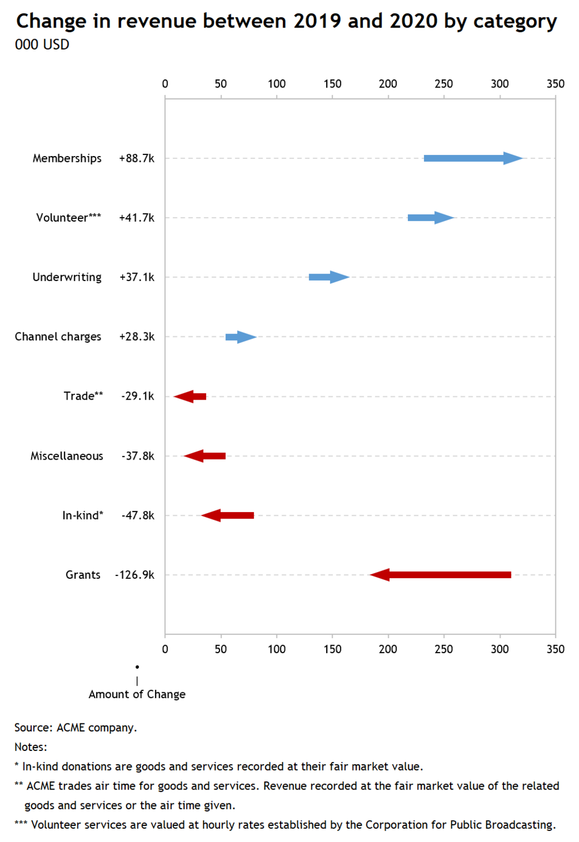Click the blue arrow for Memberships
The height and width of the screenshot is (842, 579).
click(x=474, y=158)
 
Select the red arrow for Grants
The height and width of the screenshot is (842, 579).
click(x=440, y=575)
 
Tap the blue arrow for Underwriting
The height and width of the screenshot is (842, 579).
click(x=329, y=277)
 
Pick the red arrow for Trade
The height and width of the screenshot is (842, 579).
click(x=190, y=396)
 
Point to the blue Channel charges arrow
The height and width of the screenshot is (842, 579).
click(x=241, y=337)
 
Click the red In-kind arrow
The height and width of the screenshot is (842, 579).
click(x=228, y=515)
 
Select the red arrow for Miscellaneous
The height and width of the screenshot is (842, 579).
click(x=205, y=456)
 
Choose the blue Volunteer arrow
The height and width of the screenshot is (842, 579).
click(x=432, y=218)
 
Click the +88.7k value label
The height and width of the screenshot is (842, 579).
click(x=137, y=158)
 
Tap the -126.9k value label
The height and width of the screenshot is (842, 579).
click(x=135, y=575)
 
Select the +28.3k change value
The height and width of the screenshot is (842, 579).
click(x=137, y=336)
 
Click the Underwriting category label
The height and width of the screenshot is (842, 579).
click(x=67, y=278)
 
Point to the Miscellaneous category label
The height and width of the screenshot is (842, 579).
click(x=67, y=456)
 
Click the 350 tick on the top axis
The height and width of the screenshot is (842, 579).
click(x=555, y=84)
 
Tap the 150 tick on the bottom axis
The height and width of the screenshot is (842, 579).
click(x=332, y=649)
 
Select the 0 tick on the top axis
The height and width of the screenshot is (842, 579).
click(x=165, y=84)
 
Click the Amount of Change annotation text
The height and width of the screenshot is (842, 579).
click(x=137, y=694)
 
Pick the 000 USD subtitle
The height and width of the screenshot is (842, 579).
click(x=42, y=44)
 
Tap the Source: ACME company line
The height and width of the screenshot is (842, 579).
click(x=75, y=728)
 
